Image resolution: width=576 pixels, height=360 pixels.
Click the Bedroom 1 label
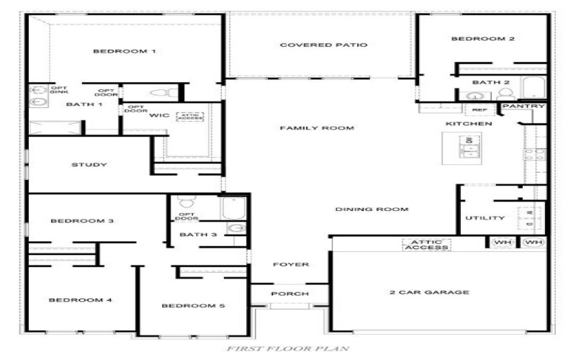tap(125, 51)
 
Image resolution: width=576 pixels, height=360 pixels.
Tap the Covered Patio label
tap(323, 45)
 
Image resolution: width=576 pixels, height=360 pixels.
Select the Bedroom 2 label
tap(482, 39)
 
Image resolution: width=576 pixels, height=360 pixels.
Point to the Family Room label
tap(317, 128)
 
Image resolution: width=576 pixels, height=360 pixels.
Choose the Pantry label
tap(523, 107)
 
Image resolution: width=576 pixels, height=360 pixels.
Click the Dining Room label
tap(372, 210)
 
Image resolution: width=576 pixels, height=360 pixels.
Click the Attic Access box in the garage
tap(426, 245)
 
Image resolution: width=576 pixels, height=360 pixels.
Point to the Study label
tap(89, 165)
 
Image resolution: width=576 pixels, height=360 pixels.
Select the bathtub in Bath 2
tap(534, 89)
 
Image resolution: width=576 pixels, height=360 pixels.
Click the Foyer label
tap(291, 265)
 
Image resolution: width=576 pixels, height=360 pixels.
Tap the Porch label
tap(289, 294)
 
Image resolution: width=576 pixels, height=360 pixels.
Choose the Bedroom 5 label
tap(193, 306)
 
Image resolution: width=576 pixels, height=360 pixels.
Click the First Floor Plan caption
tap(288, 348)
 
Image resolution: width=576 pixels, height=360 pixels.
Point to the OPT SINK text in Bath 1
tap(58, 89)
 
